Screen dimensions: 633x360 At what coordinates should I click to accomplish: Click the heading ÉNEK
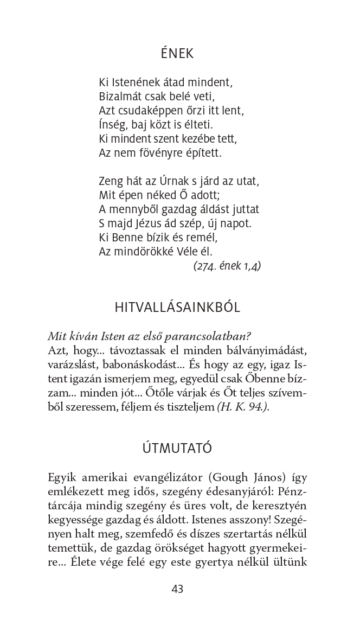(177, 54)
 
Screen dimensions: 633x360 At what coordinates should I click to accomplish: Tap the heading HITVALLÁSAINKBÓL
(177, 308)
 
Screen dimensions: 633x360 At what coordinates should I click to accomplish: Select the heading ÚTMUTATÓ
(177, 449)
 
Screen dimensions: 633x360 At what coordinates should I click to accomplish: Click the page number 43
(177, 589)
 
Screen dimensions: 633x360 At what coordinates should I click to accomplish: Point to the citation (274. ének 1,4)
(227, 266)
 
